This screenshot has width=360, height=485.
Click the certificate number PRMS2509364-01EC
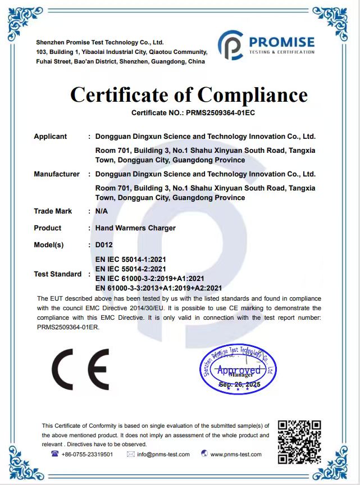click(x=217, y=113)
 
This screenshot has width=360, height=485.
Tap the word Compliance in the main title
click(x=252, y=94)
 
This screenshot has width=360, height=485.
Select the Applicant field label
click(x=50, y=137)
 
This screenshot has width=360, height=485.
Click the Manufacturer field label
click(x=57, y=174)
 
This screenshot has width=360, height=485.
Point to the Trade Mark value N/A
click(x=102, y=211)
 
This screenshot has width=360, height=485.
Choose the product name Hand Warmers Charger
click(x=135, y=228)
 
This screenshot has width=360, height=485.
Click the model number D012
click(x=104, y=246)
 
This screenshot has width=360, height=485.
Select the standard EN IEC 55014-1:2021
click(x=131, y=260)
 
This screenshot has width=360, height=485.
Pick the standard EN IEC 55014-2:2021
click(x=131, y=269)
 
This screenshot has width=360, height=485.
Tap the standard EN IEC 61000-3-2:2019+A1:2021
click(x=149, y=278)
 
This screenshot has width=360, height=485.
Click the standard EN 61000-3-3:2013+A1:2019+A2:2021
click(x=159, y=288)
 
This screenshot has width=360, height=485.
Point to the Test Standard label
click(x=57, y=274)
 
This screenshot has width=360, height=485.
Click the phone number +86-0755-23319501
click(x=87, y=455)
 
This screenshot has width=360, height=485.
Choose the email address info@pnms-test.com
click(x=163, y=455)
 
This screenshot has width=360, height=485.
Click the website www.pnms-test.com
click(x=236, y=455)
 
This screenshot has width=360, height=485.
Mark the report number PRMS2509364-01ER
click(x=67, y=327)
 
